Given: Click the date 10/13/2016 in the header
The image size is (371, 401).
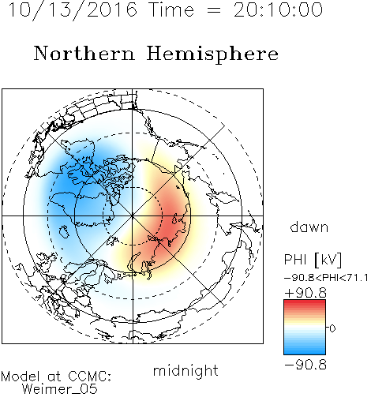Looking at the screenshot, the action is point(73,10).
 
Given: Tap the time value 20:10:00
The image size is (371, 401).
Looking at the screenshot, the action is point(278,10).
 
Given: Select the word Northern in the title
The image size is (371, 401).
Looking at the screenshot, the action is point(84,54).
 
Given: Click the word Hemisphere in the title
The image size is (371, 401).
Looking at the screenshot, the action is point(212,54).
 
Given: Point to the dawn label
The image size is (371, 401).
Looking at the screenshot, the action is point(309,227).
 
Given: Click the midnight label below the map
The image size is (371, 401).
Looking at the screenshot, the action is point(185,371).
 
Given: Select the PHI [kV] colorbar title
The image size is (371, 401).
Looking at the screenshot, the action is point(313,260).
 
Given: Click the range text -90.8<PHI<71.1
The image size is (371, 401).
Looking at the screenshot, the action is point(326,278).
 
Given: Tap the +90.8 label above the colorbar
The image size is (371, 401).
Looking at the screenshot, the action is point(305,293).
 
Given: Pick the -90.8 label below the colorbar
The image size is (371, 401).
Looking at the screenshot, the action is point(305,365).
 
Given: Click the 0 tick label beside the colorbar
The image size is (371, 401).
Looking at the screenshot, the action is point(332,328).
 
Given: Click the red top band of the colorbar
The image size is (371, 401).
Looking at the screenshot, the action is point(305,303).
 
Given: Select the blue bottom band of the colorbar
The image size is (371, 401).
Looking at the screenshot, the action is point(305,351).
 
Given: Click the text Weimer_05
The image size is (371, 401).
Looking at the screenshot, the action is point(60,389).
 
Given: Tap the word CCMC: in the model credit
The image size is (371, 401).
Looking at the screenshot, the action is point(89,377).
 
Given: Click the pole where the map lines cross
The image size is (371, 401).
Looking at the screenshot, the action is point(133,216).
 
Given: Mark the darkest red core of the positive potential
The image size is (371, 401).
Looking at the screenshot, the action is point(172,221).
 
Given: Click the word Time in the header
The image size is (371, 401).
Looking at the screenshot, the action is point(171,10).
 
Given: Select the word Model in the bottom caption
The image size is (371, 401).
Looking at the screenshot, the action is point(21,377).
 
